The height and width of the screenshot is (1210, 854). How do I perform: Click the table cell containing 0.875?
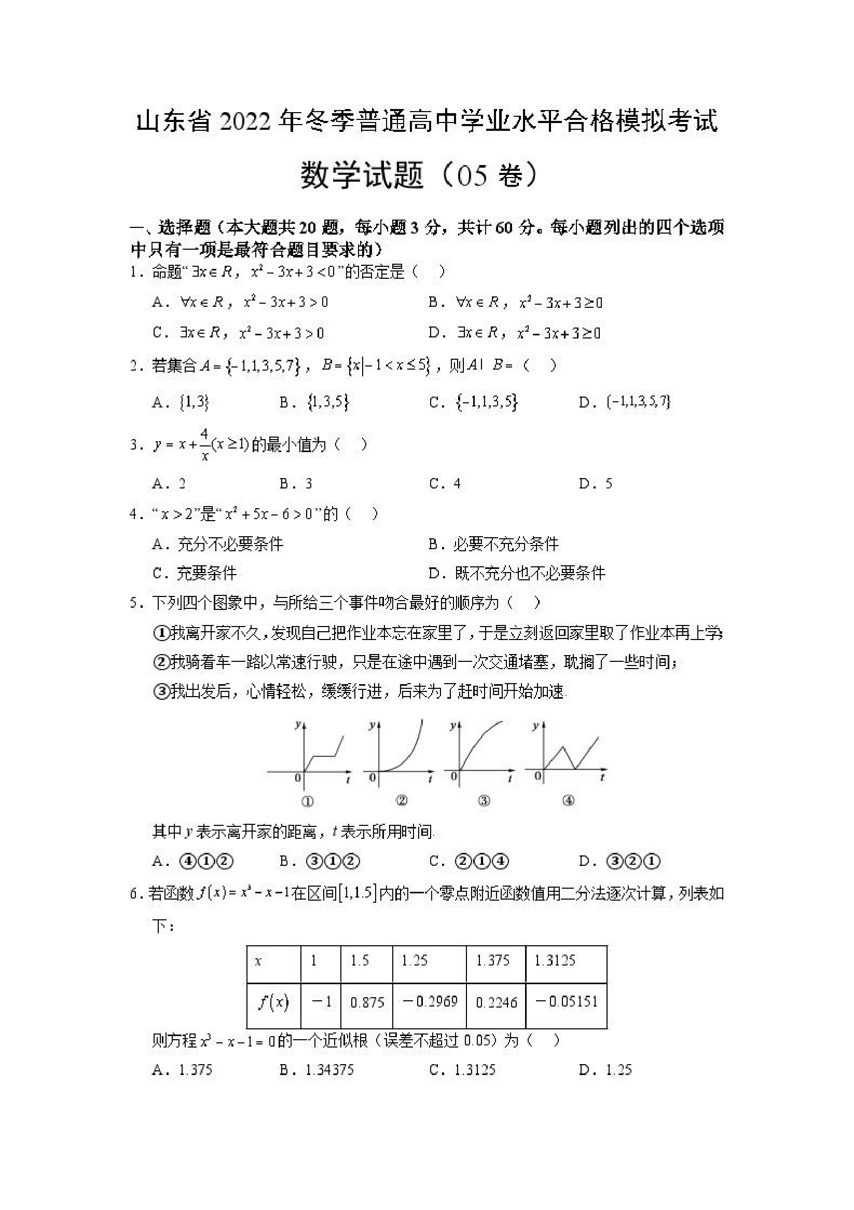[367, 1002]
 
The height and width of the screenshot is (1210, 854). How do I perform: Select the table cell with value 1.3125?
[566, 960]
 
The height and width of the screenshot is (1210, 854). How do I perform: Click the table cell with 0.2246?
[496, 1002]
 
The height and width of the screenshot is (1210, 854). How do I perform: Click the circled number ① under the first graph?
[307, 801]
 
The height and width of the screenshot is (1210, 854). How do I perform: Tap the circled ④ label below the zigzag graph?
[568, 801]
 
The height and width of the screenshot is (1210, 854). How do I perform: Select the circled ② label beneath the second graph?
[402, 801]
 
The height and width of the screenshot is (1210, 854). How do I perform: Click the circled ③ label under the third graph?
[484, 801]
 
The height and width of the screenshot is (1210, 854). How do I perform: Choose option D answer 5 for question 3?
[595, 484]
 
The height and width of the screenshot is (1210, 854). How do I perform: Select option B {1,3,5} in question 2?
[315, 403]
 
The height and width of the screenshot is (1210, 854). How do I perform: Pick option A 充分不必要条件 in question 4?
[218, 544]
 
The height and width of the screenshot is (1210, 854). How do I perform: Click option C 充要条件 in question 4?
[195, 573]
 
